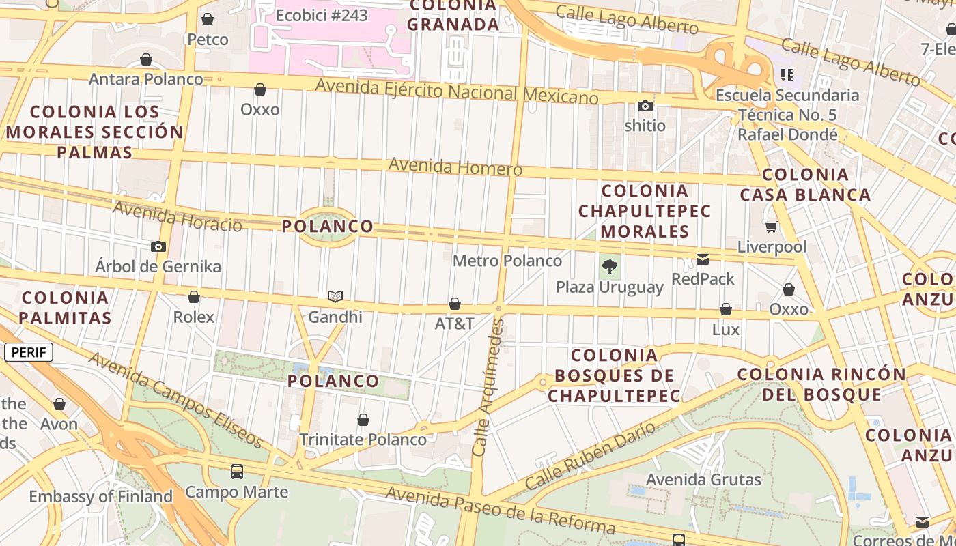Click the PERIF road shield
[x=29, y=352]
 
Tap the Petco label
[x=208, y=40]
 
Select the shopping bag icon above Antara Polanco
[x=146, y=60]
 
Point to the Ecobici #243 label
[x=322, y=15]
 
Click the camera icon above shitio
[x=645, y=106]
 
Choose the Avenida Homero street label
[x=455, y=167]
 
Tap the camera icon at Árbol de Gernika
[x=158, y=246]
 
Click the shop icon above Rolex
[x=194, y=297]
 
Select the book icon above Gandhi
[x=335, y=296]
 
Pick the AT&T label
[x=455, y=324]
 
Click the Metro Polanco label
[x=507, y=261]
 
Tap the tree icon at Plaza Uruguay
[x=610, y=267]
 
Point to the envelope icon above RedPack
[x=703, y=259]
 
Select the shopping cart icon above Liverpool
[x=772, y=227]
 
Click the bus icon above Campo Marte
[x=237, y=471]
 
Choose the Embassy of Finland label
[x=100, y=496]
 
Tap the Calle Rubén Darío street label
[x=591, y=456]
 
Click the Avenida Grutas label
[x=703, y=480]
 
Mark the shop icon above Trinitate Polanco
[x=363, y=419]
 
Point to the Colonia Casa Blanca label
[x=805, y=184]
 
